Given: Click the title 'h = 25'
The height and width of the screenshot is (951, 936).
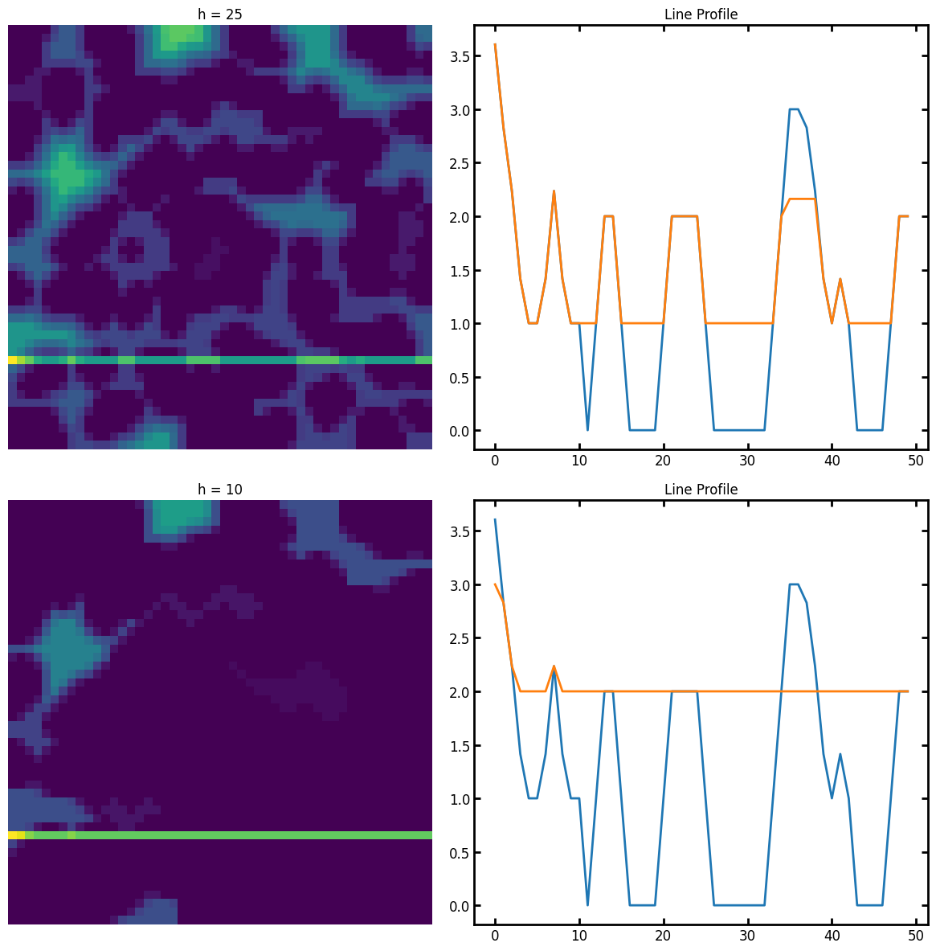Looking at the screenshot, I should [x=220, y=14].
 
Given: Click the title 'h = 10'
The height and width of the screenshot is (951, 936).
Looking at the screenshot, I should [x=220, y=490].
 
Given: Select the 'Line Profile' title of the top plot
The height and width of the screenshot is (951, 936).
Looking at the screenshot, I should [x=701, y=14].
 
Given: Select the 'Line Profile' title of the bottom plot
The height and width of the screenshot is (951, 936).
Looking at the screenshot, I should [x=701, y=490].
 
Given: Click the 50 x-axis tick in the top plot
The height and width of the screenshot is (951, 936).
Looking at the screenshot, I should [x=916, y=461].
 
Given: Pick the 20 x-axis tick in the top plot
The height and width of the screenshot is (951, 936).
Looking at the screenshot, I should [x=663, y=461].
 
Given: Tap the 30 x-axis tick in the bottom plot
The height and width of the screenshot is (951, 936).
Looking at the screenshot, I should [x=747, y=936].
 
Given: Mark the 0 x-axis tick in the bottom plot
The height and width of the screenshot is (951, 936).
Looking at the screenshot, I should [x=495, y=936].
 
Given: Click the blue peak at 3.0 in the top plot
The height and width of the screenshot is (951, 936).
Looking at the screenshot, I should [x=794, y=109].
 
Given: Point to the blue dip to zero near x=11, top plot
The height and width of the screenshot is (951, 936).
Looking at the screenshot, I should [x=587, y=430].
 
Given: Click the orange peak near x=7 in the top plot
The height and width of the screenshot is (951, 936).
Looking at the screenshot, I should [x=554, y=191].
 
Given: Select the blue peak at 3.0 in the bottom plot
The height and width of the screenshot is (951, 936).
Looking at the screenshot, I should [x=794, y=584].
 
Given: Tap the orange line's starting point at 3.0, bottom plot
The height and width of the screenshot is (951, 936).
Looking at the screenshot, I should [x=495, y=584].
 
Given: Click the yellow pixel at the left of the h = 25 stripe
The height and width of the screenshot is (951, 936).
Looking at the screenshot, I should [x=12, y=360].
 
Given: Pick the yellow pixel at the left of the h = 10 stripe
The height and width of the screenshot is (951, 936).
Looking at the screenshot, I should [x=12, y=835].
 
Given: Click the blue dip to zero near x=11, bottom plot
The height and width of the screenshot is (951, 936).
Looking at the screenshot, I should [x=587, y=905].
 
